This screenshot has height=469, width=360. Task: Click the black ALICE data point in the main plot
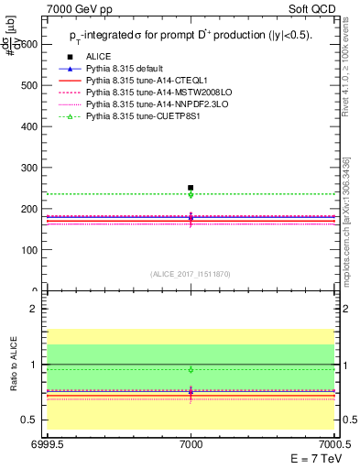[191, 188]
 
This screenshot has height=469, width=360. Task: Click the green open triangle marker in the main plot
[191, 194]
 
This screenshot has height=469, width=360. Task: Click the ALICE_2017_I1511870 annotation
[191, 274]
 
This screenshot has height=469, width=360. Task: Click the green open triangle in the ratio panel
[191, 369]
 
